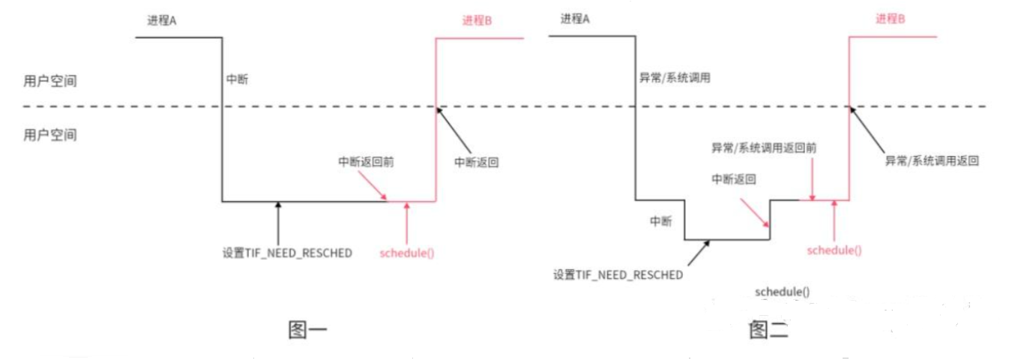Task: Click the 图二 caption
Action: [x=768, y=330]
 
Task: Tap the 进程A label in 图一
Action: [x=161, y=20]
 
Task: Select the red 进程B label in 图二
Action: [x=891, y=19]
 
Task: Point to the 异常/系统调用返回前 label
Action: [x=764, y=148]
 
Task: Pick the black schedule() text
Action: [x=783, y=291]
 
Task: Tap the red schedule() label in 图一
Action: [x=407, y=253]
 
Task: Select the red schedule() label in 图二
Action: [x=834, y=250]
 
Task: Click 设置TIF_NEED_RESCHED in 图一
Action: [x=287, y=253]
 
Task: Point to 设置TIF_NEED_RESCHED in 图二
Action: [x=618, y=274]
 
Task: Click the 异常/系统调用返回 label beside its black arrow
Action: [x=932, y=160]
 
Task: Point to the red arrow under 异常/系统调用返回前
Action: [x=813, y=180]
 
